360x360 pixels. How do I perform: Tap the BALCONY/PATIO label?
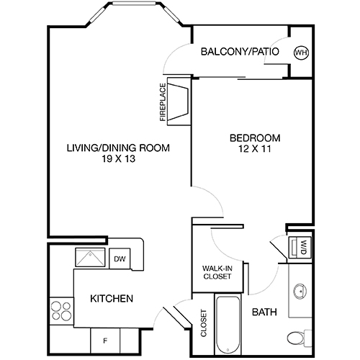click(240, 52)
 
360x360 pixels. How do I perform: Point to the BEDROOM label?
click(255, 138)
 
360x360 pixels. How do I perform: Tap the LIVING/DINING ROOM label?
click(118, 149)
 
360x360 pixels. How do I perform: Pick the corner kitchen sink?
click(92, 258)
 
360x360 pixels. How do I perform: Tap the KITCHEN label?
click(111, 298)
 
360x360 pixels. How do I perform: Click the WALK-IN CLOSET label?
click(217, 271)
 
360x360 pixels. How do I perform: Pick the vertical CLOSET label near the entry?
click(204, 323)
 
